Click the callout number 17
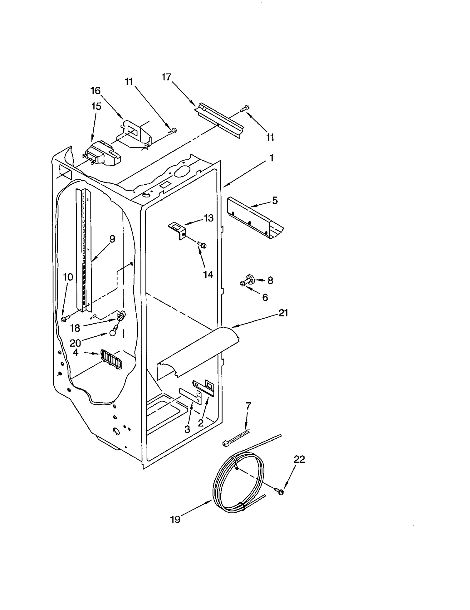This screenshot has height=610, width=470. pyautogui.click(x=166, y=77)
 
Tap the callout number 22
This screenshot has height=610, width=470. pyautogui.click(x=299, y=459)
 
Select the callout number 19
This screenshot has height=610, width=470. pyautogui.click(x=175, y=520)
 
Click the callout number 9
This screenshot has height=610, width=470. pyautogui.click(x=112, y=239)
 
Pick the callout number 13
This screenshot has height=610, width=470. pyautogui.click(x=209, y=218)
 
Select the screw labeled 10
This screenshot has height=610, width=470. pyautogui.click(x=65, y=318)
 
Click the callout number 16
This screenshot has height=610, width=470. pyautogui.click(x=95, y=91)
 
